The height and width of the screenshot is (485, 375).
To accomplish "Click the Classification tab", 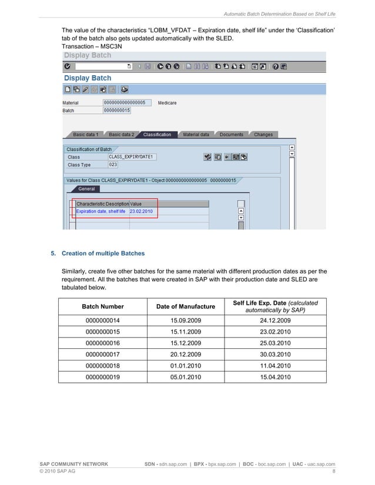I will tap(157, 134).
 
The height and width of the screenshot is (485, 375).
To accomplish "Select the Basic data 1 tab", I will tap(86, 134).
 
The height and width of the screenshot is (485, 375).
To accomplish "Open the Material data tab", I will tap(196, 134).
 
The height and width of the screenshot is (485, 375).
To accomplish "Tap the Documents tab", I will tap(231, 134).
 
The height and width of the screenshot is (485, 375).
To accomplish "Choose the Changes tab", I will tap(263, 134).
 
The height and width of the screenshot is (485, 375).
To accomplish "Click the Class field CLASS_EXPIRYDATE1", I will tap(132, 157).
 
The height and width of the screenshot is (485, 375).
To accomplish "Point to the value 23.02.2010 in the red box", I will tap(141, 211).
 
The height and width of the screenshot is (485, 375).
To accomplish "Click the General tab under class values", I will tap(86, 189).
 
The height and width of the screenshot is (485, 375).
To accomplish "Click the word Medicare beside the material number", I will tap(167, 103).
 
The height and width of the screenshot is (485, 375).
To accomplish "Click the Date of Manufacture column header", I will tap(185, 307).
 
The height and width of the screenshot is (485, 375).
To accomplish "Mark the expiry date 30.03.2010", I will tap(275, 354).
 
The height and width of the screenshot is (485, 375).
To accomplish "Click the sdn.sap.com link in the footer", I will tap(173, 464).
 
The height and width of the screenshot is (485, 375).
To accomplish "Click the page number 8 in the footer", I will tap(334, 471).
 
